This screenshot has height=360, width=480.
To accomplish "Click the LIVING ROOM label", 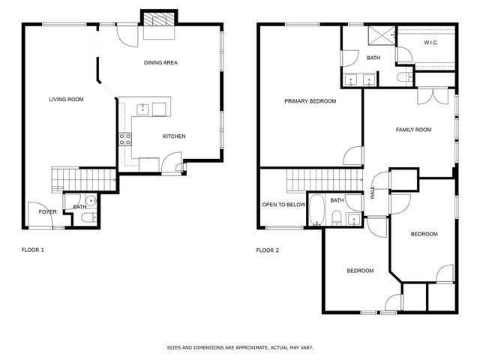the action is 66,99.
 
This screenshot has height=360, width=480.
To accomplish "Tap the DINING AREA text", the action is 160,62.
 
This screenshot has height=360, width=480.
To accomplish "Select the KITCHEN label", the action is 174,136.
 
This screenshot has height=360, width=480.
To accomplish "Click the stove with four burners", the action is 125,139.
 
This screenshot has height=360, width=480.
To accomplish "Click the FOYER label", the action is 48,211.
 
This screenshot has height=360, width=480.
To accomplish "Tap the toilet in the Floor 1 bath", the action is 89,217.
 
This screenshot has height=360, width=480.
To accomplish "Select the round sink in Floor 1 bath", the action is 91,201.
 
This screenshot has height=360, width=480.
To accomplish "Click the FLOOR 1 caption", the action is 33,250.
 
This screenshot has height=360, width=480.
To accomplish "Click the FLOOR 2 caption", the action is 268,250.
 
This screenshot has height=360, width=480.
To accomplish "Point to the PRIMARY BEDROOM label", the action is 310,101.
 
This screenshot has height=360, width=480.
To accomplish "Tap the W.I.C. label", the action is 430,43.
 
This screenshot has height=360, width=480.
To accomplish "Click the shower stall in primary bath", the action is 382,35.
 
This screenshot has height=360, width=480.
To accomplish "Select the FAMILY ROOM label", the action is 413,130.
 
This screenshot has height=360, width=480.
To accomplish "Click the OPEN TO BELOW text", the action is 283,205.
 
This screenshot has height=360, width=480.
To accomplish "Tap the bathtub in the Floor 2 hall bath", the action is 316,210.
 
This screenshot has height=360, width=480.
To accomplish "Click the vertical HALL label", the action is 373,192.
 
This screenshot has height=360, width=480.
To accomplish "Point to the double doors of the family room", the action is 433,97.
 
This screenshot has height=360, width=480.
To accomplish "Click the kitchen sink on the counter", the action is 142,109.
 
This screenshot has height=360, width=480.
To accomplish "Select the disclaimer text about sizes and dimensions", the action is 240,347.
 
